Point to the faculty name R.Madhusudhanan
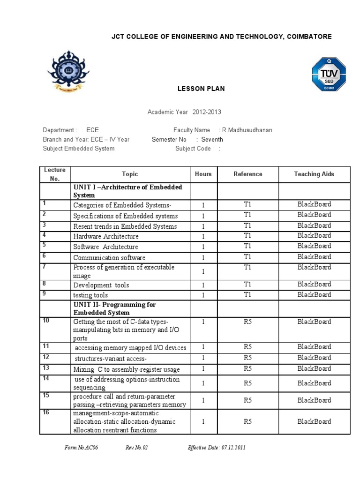(x=247, y=130)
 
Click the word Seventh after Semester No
(x=212, y=139)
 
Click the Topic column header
(x=130, y=174)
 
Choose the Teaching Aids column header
(x=314, y=174)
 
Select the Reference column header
(x=247, y=174)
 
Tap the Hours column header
(x=203, y=174)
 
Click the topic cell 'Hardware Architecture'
(x=106, y=236)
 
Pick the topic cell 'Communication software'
(x=109, y=257)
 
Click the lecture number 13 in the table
(x=46, y=367)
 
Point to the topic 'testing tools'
(x=90, y=295)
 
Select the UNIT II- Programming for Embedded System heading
(x=114, y=308)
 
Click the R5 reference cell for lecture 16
(x=247, y=421)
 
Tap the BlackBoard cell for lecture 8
(x=314, y=284)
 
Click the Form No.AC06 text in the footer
(x=81, y=447)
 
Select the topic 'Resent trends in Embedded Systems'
(x=125, y=226)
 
